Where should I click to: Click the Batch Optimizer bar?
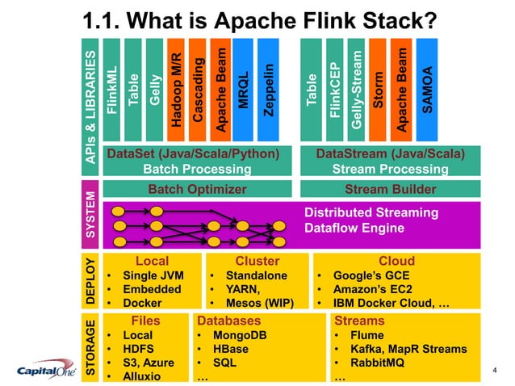tap(197, 190)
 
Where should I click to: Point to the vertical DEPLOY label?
tap(90, 280)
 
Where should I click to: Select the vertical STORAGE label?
tap(90, 347)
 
